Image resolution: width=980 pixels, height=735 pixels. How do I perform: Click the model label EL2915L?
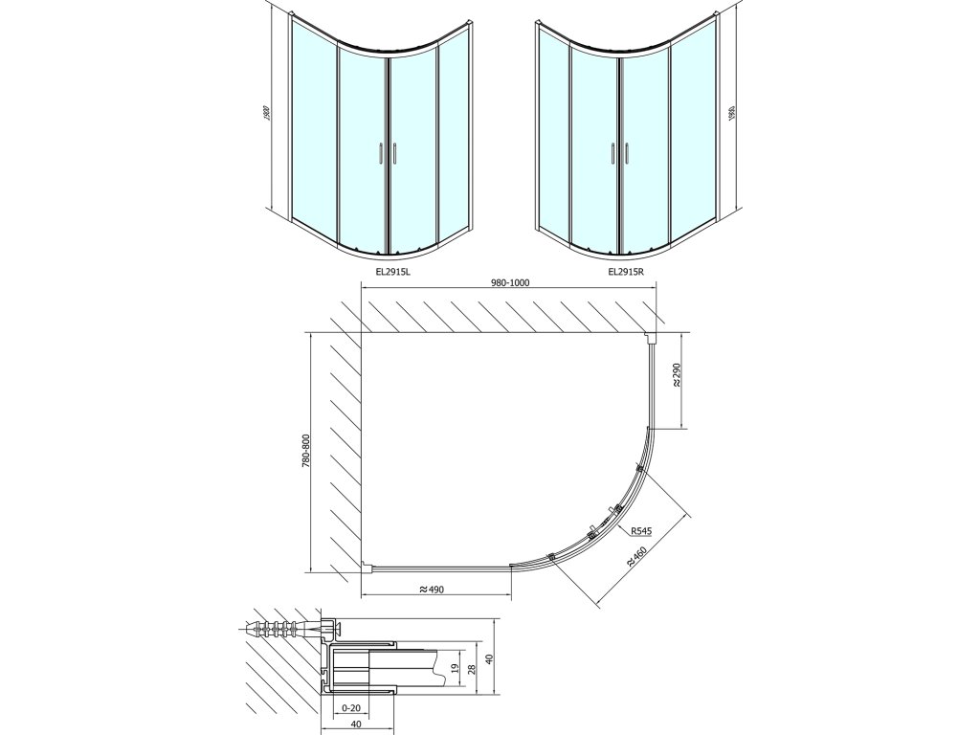coord(393,272)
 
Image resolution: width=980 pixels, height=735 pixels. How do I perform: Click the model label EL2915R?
coord(626,272)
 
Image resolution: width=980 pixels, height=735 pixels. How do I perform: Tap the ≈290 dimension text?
coord(677,375)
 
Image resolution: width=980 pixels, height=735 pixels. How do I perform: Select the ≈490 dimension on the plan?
coord(434,590)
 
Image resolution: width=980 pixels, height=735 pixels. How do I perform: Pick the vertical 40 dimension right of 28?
coord(489,658)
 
